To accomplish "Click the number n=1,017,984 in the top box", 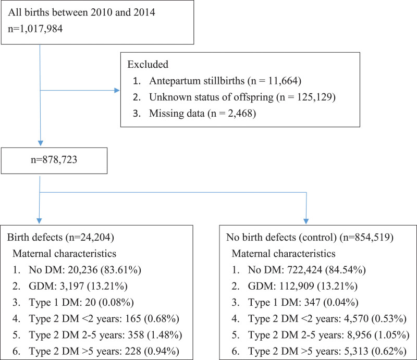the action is (35, 29).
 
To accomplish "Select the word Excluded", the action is (148, 65).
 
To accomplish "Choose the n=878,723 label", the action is (54, 160).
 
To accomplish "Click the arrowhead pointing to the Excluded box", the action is (117, 91).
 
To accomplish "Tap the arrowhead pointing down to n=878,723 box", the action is (40, 143).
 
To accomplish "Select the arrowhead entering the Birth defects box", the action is (40, 221).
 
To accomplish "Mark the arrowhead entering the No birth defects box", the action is (306, 221).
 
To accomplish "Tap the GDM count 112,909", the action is (294, 286).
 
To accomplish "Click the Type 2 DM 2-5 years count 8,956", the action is (359, 335).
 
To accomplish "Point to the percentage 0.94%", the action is (164, 351).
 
